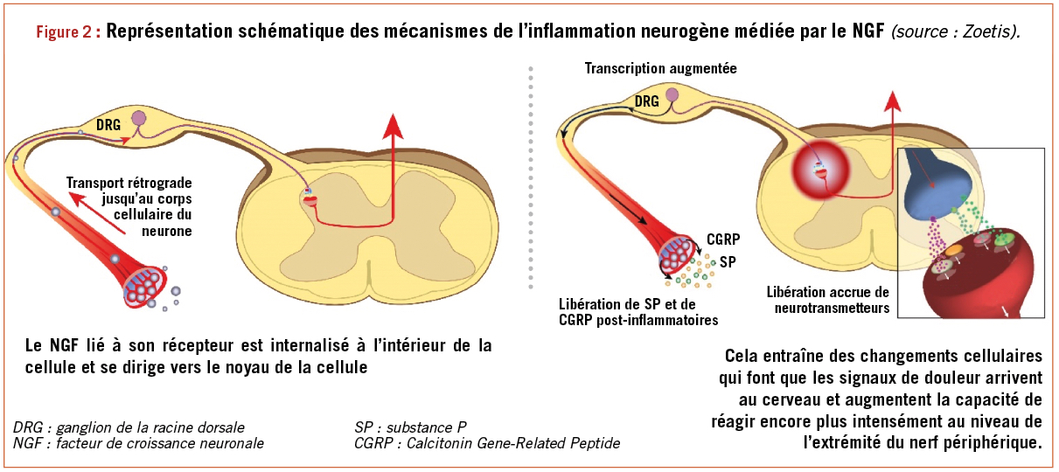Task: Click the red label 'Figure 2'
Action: coord(67,32)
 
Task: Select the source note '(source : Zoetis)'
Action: coord(955,32)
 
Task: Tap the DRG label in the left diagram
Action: coord(108,125)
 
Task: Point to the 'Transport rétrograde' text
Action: coord(129,184)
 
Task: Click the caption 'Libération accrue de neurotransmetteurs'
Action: coord(827,300)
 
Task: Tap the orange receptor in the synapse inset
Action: coord(953,250)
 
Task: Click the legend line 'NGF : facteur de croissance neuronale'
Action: coord(138,443)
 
